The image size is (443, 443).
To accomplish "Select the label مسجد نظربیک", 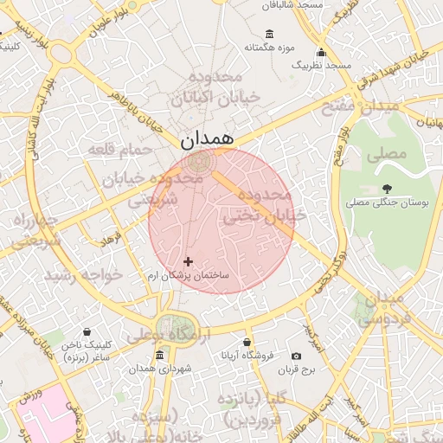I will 321,65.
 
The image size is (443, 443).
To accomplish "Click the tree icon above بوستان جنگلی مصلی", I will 386,189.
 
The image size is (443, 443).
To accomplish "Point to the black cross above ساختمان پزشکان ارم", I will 188,260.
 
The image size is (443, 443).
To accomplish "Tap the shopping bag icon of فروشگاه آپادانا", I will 247,343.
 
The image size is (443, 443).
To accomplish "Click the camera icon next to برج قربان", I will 297,356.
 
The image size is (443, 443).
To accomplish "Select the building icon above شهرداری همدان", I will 158,356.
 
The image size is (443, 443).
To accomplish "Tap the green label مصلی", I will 386,157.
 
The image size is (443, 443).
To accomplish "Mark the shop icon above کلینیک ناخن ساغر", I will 87,332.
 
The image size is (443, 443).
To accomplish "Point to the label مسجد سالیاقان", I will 297,5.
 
